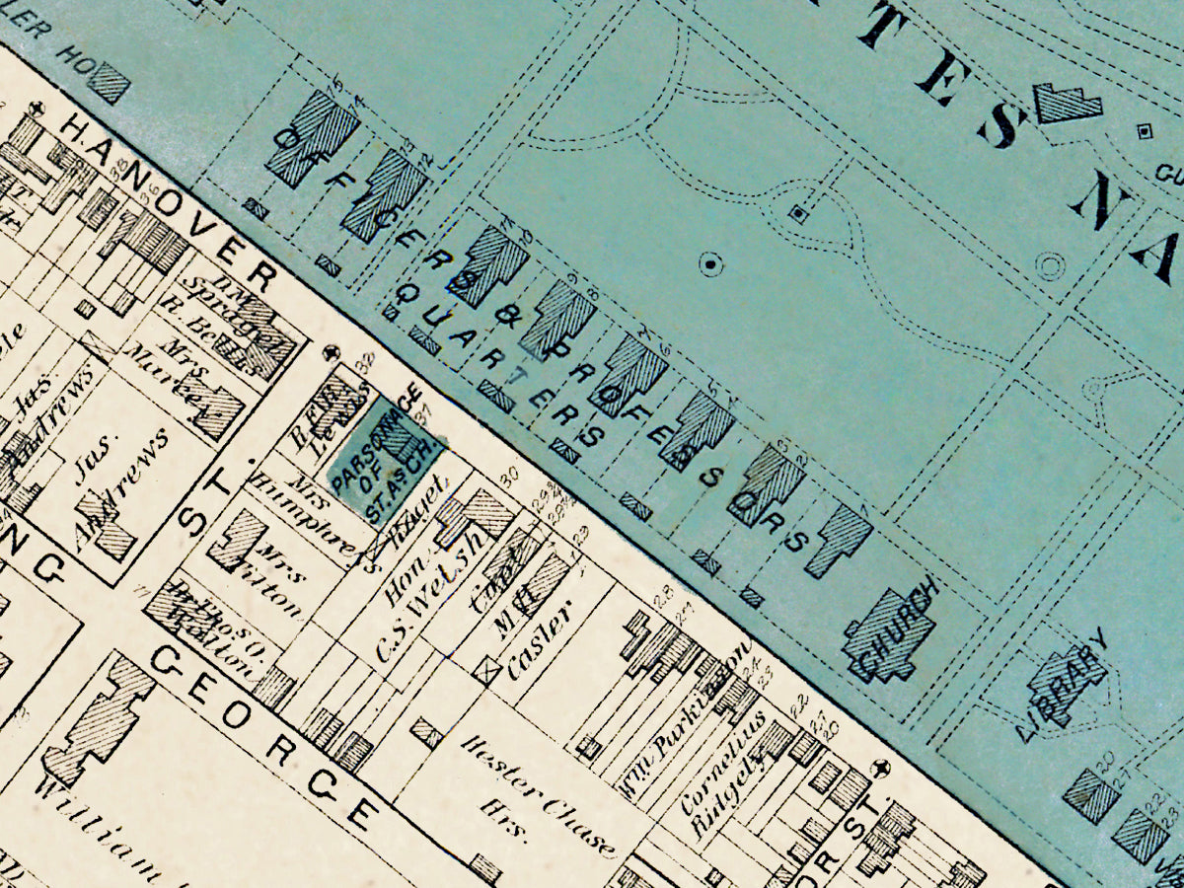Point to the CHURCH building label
click(x=893, y=631)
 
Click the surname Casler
click(x=538, y=641)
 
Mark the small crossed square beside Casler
click(x=485, y=670)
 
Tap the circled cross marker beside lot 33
click(x=333, y=351)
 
